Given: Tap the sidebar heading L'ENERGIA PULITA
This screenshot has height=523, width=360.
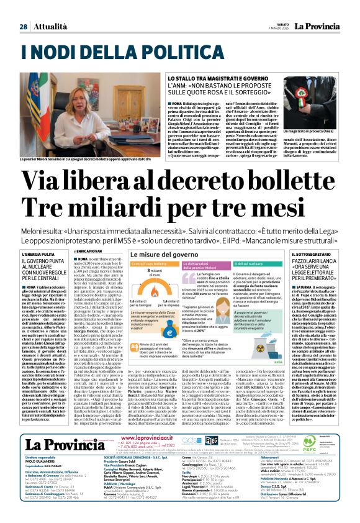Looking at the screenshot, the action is (55, 255).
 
